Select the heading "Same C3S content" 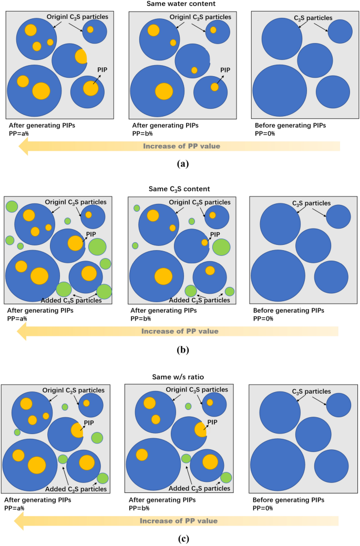pyautogui.click(x=180, y=188)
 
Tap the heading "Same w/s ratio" pyautogui.click(x=180, y=376)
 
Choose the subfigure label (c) pyautogui.click(x=180, y=538)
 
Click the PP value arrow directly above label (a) pyautogui.click(x=179, y=146)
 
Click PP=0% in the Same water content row pyautogui.click(x=265, y=133)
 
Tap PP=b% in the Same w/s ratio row pyautogui.click(x=140, y=508)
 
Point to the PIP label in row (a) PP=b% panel pyautogui.click(x=225, y=69)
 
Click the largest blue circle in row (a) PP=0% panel pyautogui.click(x=280, y=92)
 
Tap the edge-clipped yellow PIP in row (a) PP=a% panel pyautogui.click(x=81, y=56)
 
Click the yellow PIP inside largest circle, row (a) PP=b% pyautogui.click(x=164, y=90)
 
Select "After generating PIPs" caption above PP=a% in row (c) pyautogui.click(x=38, y=500)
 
